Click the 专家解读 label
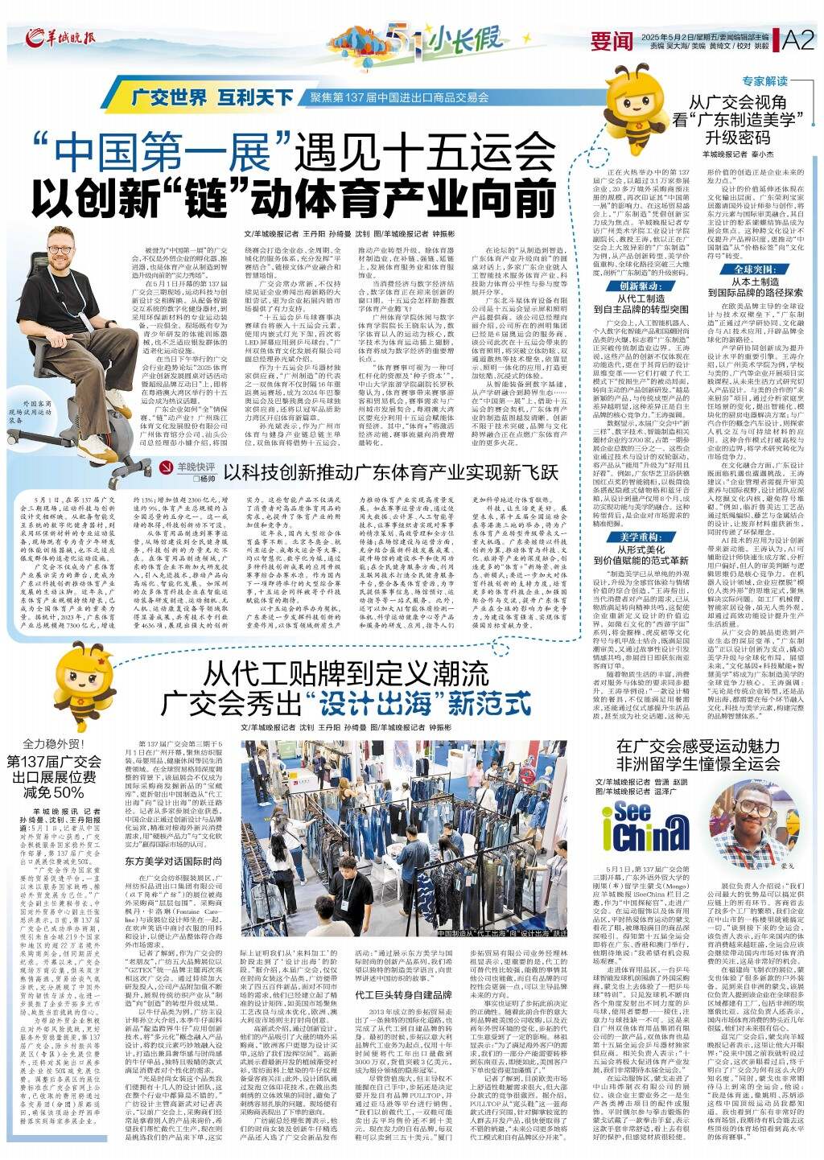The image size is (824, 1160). click(764, 81)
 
